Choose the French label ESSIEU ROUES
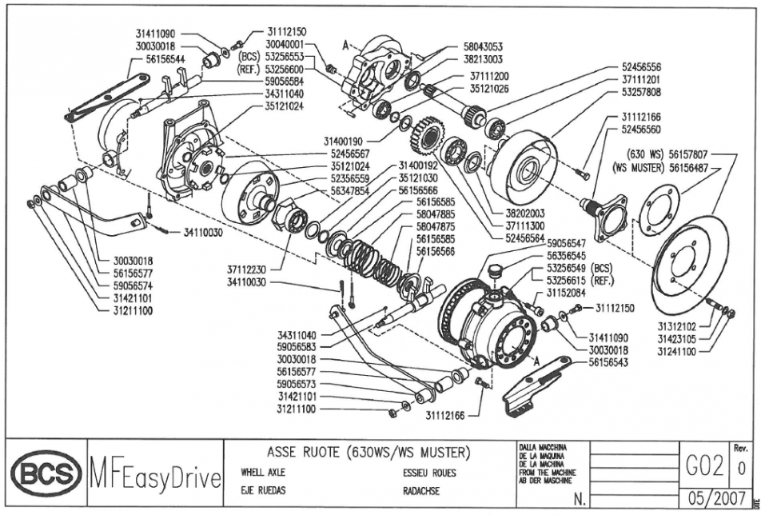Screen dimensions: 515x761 pos(430,473)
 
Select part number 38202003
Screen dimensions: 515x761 pos(525,214)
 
